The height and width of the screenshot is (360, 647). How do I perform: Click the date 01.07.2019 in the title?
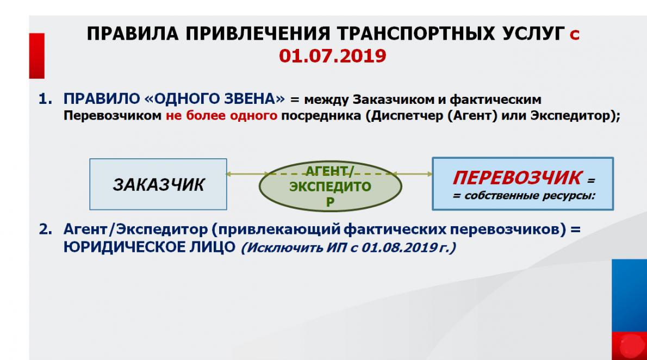[x=333, y=55]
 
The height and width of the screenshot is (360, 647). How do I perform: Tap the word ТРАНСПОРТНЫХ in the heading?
[x=416, y=33]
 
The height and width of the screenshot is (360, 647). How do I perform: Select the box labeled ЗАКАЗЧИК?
[x=158, y=184]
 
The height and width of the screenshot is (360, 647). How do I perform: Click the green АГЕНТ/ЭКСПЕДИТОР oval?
[x=330, y=186]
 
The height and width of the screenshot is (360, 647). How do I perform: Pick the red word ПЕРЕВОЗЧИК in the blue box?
[x=518, y=178]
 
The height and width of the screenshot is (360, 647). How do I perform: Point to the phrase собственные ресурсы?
[x=530, y=195]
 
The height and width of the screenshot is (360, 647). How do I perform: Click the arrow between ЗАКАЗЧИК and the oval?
[x=247, y=174]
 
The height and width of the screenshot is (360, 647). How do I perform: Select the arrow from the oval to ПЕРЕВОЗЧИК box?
[x=412, y=174]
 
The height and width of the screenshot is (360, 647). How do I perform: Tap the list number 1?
[x=45, y=99]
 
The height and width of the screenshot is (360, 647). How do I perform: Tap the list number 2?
[x=45, y=229]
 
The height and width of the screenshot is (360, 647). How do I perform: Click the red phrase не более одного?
[x=222, y=116]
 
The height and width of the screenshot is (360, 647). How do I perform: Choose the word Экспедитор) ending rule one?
[x=575, y=116]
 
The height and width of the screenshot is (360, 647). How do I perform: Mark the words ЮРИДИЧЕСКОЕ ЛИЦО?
[x=150, y=247]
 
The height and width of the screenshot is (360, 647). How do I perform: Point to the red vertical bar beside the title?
[x=37, y=55]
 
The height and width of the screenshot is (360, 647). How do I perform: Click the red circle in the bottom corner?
[x=631, y=345]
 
